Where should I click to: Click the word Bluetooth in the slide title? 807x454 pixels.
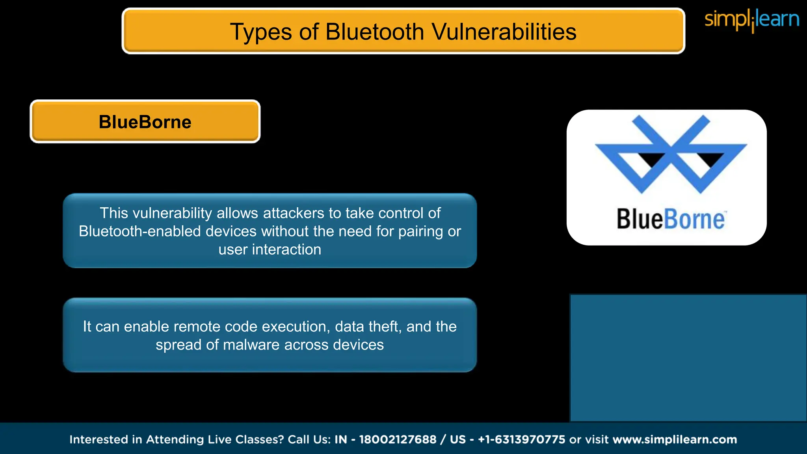click(x=374, y=32)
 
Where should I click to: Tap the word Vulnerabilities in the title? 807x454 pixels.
click(x=504, y=32)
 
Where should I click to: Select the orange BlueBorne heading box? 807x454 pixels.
click(x=145, y=122)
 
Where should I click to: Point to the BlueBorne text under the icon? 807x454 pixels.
click(x=671, y=219)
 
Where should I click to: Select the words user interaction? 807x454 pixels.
click(x=270, y=249)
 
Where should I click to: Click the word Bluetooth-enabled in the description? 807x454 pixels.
click(x=140, y=231)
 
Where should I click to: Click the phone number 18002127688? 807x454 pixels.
click(x=398, y=439)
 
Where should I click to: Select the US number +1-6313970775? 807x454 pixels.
click(x=521, y=439)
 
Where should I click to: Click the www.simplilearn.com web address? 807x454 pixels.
click(x=675, y=439)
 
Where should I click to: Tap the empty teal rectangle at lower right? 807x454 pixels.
click(x=688, y=358)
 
